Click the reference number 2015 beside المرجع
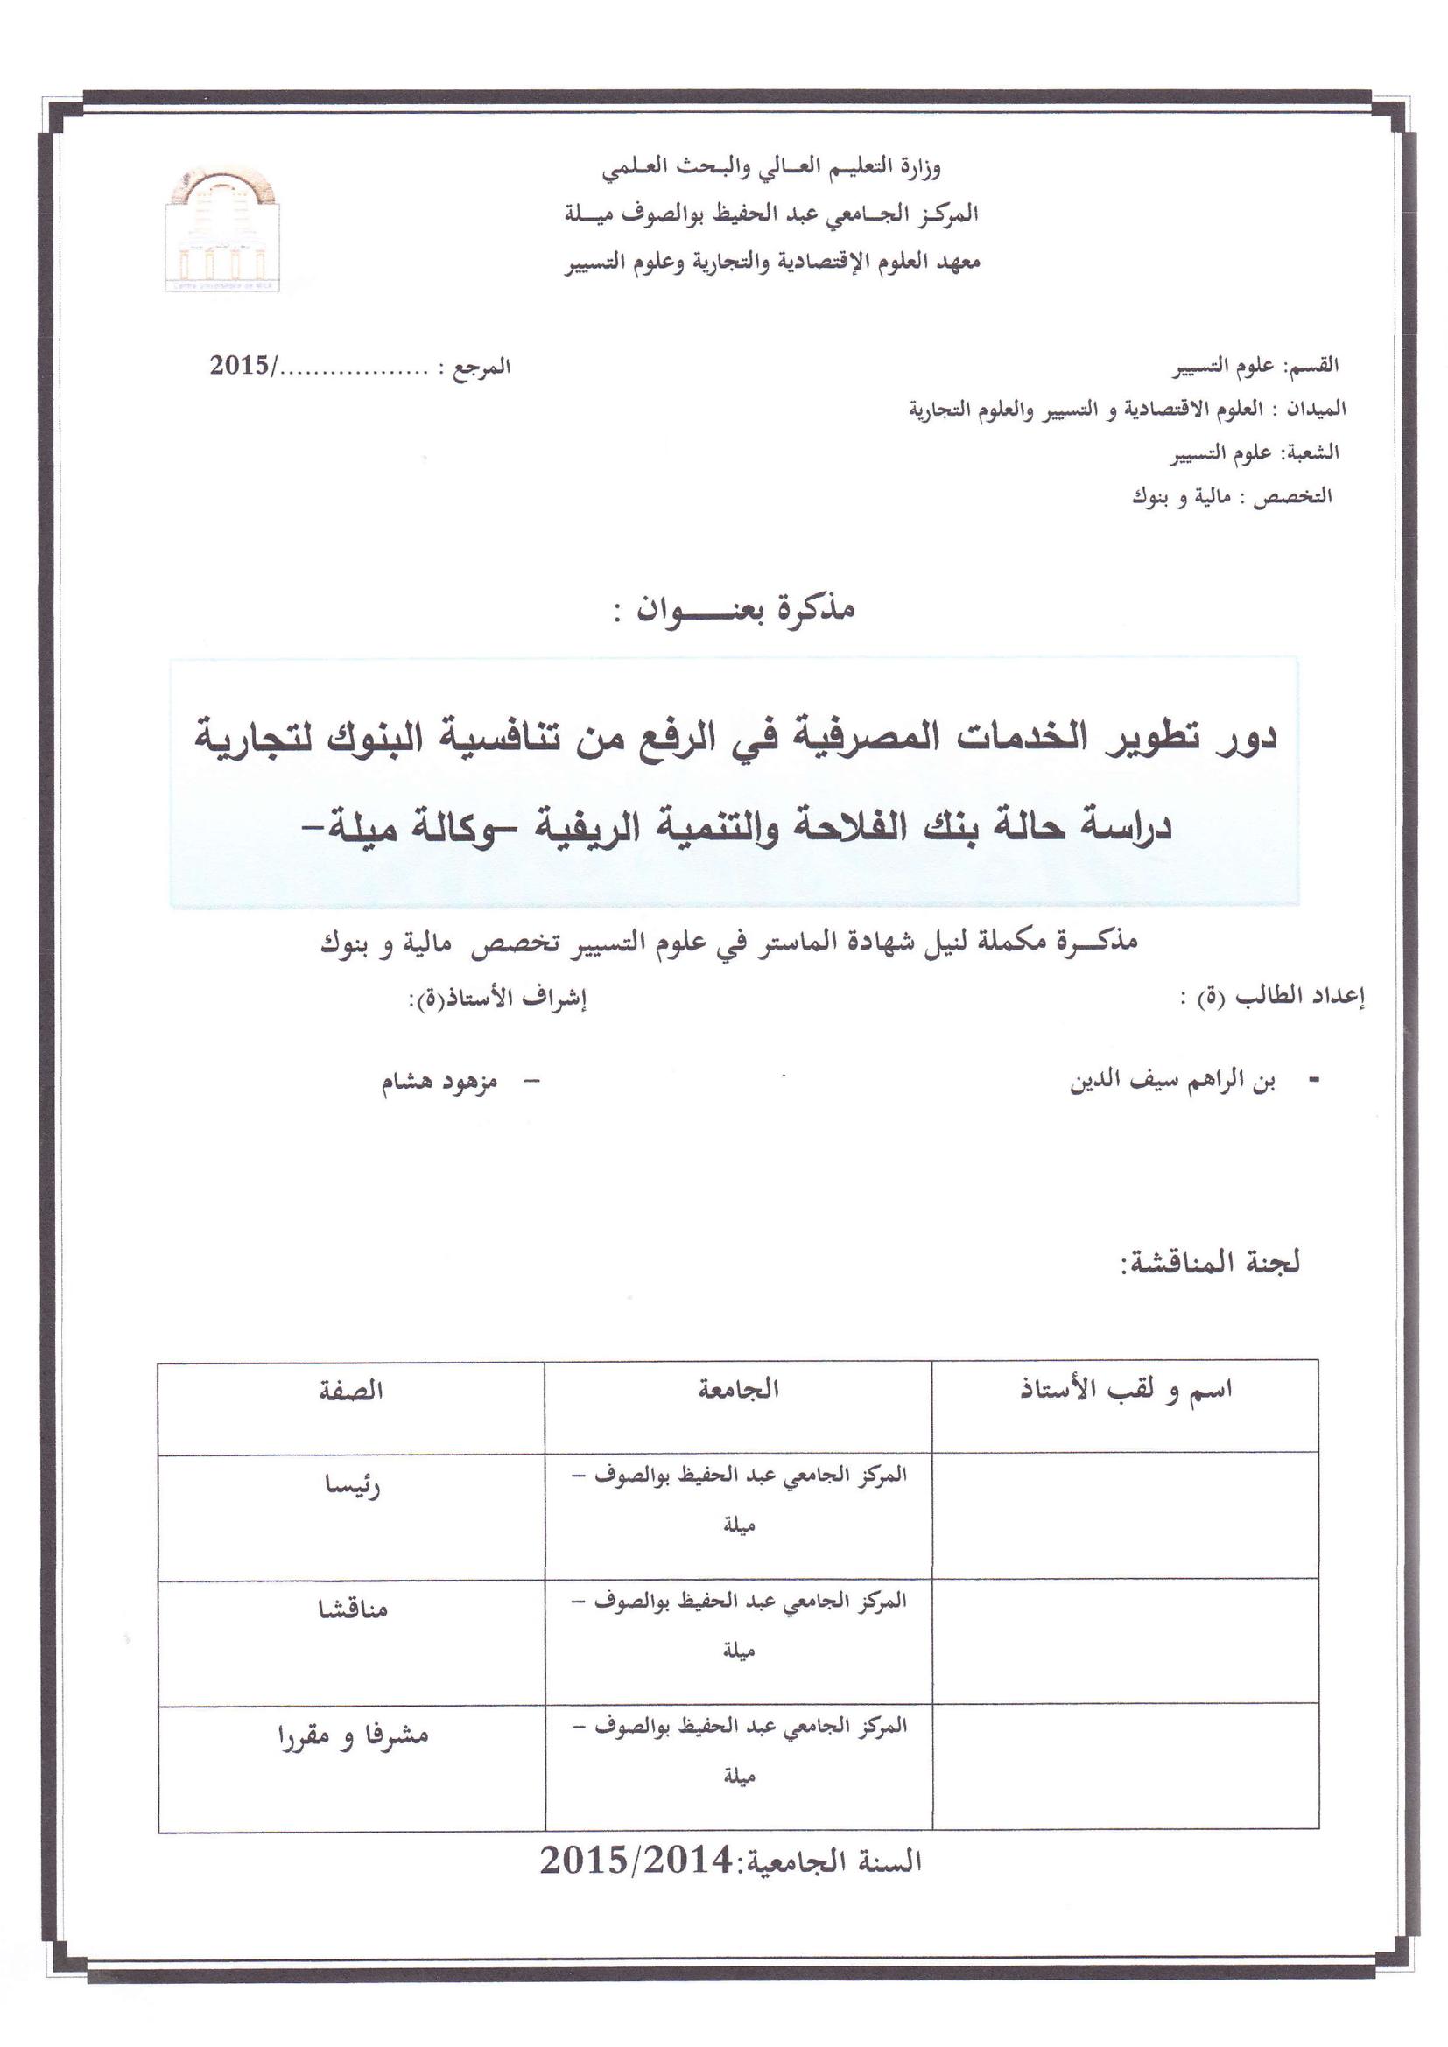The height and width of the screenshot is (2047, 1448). point(241,366)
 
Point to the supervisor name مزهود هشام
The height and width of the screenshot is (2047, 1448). point(439,1083)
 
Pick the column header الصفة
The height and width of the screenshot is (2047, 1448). point(351,1391)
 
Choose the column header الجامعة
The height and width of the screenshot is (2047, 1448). point(738,1389)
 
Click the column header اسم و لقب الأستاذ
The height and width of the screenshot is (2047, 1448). point(1126,1390)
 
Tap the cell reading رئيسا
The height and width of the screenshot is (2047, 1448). point(352,1486)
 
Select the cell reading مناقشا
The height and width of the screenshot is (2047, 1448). point(353,1609)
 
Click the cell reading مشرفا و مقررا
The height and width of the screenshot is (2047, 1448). point(353,1735)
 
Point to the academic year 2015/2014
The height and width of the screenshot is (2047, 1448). point(635,1861)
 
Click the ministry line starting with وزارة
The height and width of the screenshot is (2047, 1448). point(770,167)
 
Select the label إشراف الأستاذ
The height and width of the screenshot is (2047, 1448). point(497,999)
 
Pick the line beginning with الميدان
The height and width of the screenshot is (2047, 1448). point(1127,410)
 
